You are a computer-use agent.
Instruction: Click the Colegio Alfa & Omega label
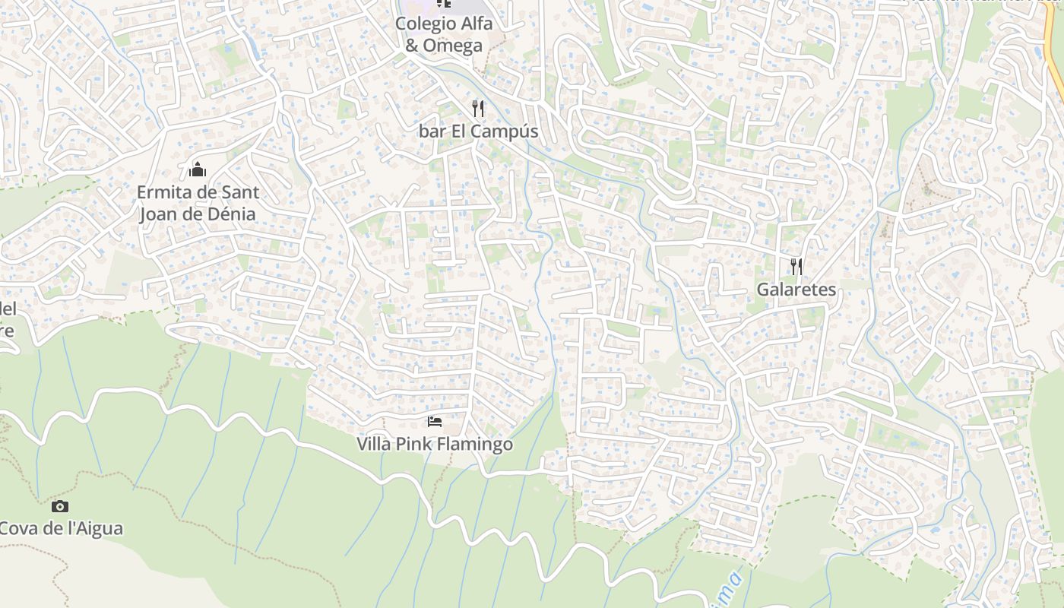pyautogui.click(x=444, y=34)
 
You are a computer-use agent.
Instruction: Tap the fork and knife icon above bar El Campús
pyautogui.click(x=478, y=109)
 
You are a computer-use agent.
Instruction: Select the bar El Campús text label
pyautogui.click(x=478, y=131)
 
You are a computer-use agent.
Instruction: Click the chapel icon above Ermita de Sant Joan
pyautogui.click(x=198, y=169)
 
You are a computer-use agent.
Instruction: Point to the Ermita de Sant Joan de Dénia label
pyautogui.click(x=198, y=203)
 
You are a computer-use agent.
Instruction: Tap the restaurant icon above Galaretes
pyautogui.click(x=796, y=267)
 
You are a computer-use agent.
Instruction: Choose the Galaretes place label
pyautogui.click(x=796, y=290)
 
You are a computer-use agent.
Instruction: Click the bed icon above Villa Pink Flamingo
pyautogui.click(x=435, y=421)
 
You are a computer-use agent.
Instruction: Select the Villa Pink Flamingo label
pyautogui.click(x=435, y=444)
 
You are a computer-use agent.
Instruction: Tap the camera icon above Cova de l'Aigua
pyautogui.click(x=60, y=506)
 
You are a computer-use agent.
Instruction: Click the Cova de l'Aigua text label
pyautogui.click(x=61, y=528)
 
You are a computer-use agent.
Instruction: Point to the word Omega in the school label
pyautogui.click(x=452, y=46)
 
